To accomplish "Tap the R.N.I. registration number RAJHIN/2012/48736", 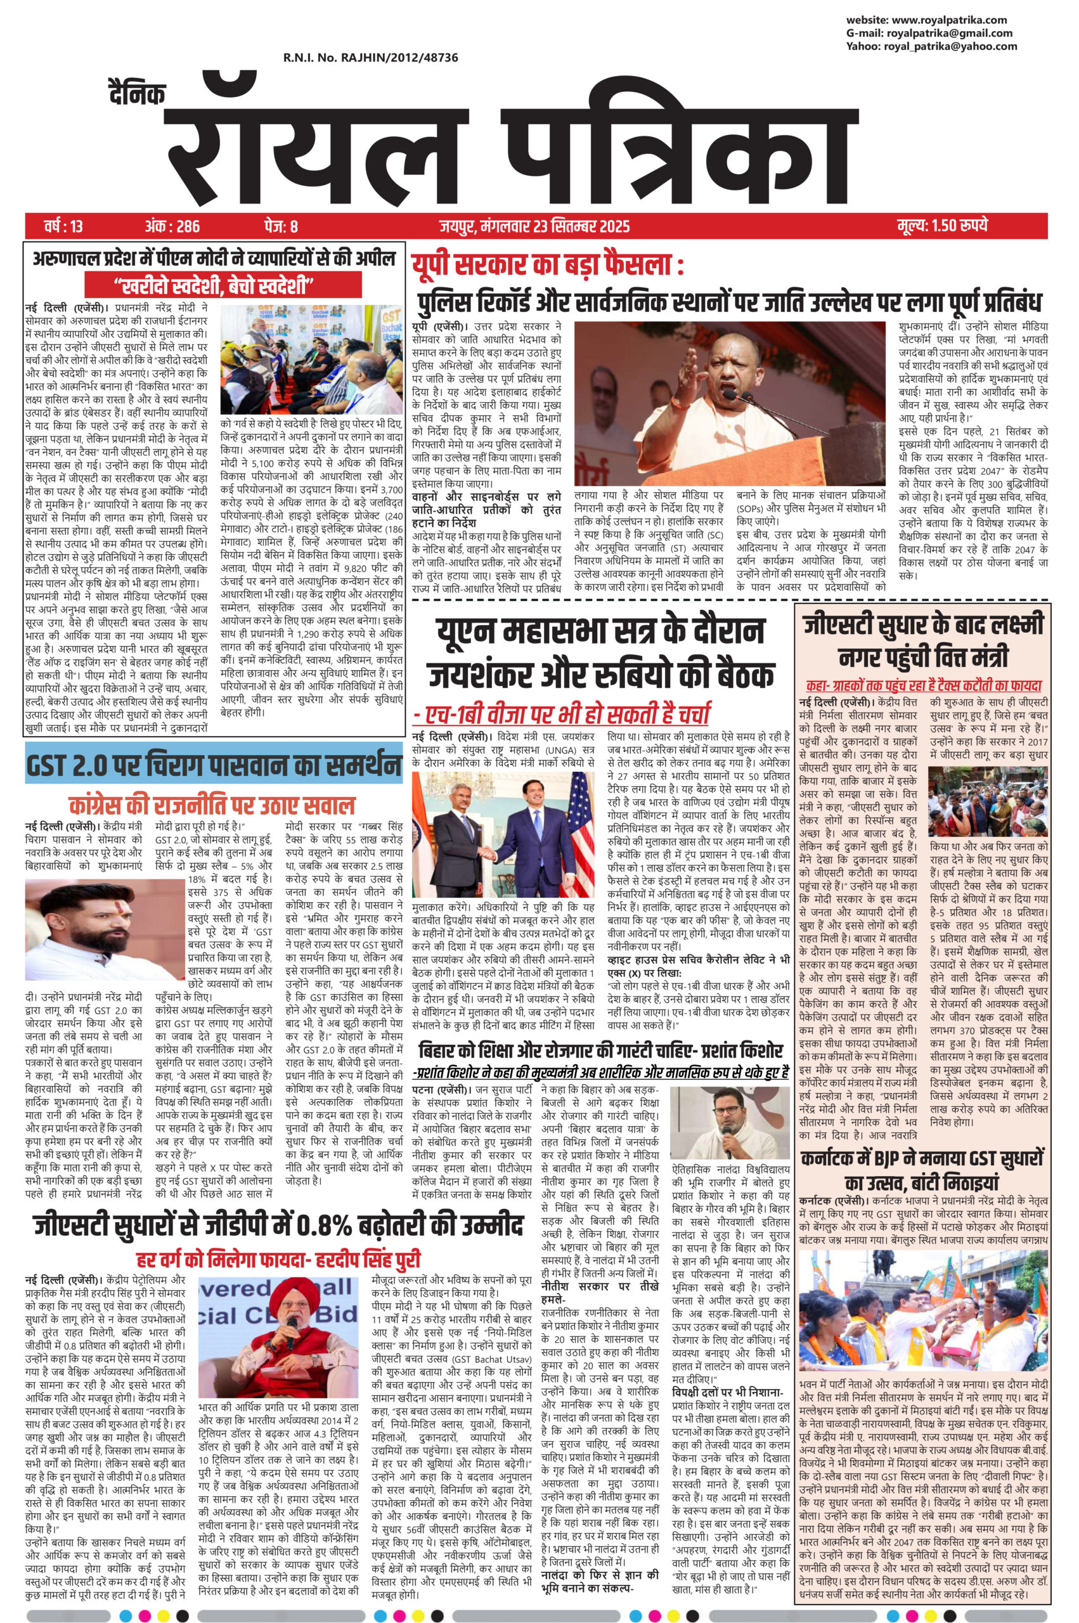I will [370, 58].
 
